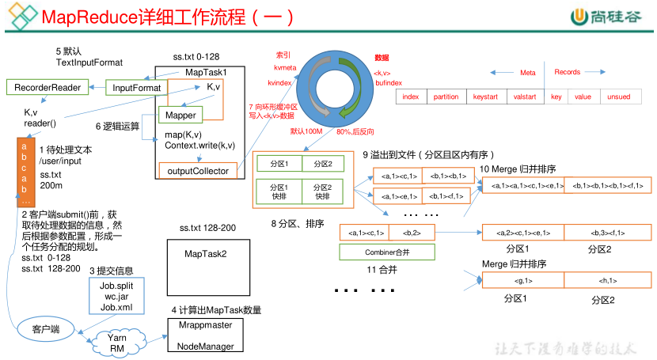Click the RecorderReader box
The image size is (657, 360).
[x=47, y=87]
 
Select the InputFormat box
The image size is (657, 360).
[x=136, y=87]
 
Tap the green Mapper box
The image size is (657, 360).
[x=181, y=116]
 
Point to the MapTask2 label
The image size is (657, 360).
[x=205, y=253]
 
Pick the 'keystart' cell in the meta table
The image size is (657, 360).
[x=485, y=97]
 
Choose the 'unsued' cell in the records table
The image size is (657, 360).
[x=619, y=97]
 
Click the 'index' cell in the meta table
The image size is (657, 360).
[x=410, y=97]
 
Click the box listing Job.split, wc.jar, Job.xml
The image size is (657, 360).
[x=116, y=295]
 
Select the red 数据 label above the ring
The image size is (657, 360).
[x=382, y=58]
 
